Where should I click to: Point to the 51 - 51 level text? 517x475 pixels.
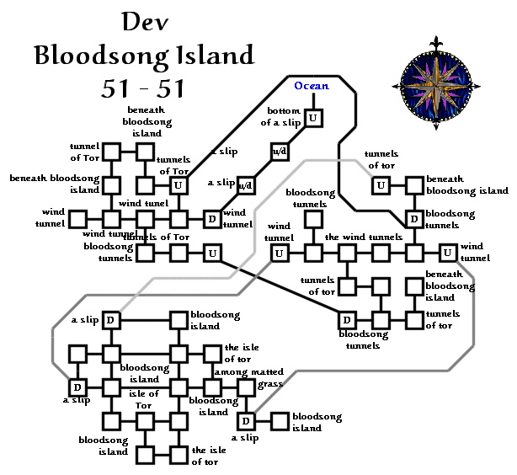144,88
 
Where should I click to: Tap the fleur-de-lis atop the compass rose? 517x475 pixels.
435,42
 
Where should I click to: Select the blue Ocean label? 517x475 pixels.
312,86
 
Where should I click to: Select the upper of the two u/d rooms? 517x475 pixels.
279,151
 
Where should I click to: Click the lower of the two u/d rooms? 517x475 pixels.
246,184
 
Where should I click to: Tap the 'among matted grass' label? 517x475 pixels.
248,376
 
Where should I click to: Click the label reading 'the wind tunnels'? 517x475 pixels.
364,237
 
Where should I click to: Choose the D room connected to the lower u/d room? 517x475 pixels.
212,219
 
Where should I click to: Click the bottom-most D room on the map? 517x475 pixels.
246,421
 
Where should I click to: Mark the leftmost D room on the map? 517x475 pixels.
77,387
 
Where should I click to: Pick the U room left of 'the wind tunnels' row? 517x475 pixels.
280,252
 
